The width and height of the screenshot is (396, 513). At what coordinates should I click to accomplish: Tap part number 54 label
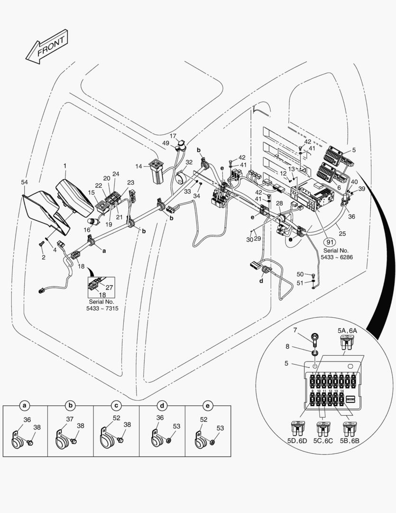(25, 182)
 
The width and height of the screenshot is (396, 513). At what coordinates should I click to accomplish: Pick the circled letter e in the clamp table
(207, 406)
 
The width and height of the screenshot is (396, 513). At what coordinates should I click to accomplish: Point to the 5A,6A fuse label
(348, 330)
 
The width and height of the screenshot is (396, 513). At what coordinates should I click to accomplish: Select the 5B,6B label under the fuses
(349, 441)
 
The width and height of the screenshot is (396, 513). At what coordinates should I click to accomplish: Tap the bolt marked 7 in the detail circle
(314, 339)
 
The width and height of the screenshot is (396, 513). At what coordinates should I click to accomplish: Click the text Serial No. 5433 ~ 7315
(103, 305)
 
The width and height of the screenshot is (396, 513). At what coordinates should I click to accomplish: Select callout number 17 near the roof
(173, 136)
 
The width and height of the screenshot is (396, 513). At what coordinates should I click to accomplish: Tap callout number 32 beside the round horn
(189, 162)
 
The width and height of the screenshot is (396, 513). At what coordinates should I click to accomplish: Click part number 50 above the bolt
(300, 275)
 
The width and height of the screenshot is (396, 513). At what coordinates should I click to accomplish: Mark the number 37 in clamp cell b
(69, 419)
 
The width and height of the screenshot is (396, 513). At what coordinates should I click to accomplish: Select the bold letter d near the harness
(261, 281)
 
